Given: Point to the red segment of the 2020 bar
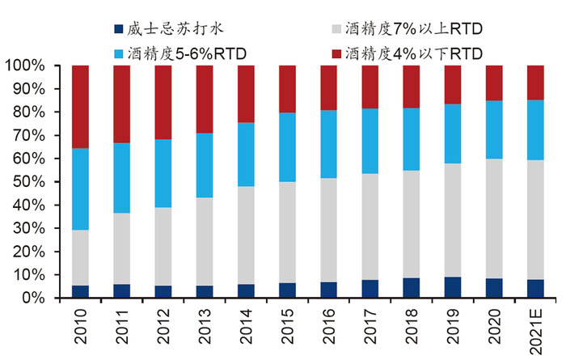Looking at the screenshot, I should pyautogui.click(x=495, y=83).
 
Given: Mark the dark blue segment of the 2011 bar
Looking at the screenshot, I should pyautogui.click(x=121, y=290).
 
